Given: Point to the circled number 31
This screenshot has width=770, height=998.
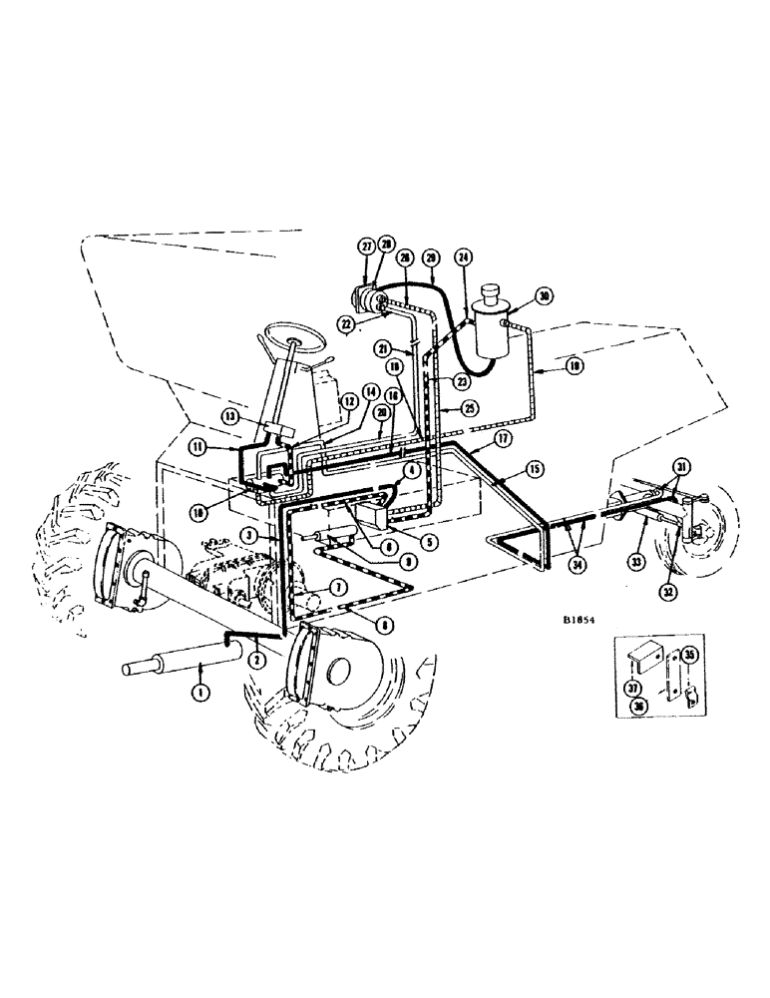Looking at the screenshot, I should tap(681, 467).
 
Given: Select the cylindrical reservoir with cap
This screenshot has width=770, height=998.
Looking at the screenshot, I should tap(493, 322).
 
